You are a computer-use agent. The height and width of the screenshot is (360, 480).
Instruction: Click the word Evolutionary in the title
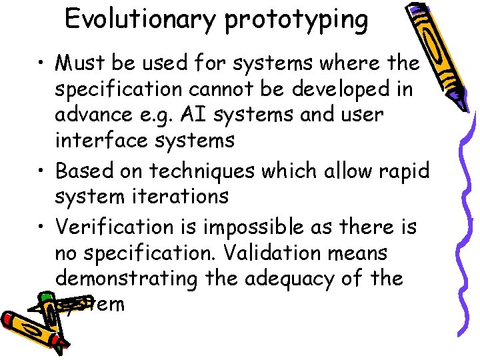(x=141, y=19)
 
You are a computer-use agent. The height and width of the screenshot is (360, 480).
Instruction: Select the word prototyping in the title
(x=296, y=21)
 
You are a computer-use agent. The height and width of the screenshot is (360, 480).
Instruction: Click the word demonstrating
(x=127, y=279)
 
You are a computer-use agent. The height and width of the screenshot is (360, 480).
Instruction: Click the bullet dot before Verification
(x=42, y=227)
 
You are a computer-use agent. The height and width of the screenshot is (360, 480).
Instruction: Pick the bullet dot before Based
(x=42, y=171)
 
